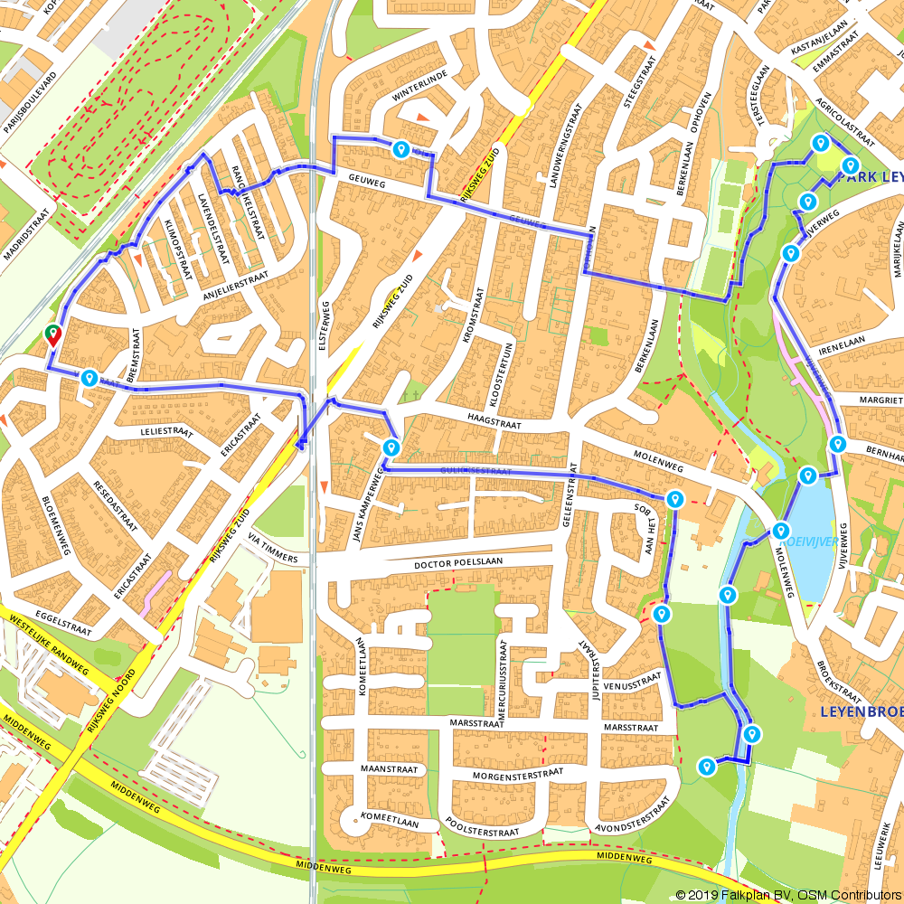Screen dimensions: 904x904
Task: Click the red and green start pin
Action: (53, 335)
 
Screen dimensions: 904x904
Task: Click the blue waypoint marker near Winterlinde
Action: (400, 149)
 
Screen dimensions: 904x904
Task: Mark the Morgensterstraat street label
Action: (518, 775)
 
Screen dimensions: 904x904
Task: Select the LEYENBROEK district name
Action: (861, 711)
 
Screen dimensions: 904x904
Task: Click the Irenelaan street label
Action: (843, 339)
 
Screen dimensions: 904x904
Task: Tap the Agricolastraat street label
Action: (844, 123)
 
